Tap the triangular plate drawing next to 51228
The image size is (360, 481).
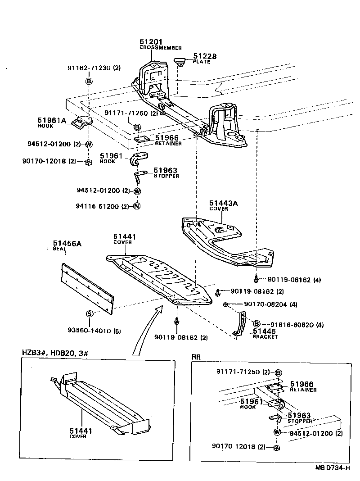[181, 61]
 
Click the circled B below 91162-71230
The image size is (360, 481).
[89, 81]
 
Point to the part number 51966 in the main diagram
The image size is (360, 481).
[167, 138]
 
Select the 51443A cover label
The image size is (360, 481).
[223, 204]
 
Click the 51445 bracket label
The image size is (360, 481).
[265, 331]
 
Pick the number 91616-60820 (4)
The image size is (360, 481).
[297, 324]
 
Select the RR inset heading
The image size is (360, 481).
[197, 357]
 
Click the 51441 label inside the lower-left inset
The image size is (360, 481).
[81, 431]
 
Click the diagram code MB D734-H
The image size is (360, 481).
[333, 468]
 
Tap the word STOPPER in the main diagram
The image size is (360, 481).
[166, 176]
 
